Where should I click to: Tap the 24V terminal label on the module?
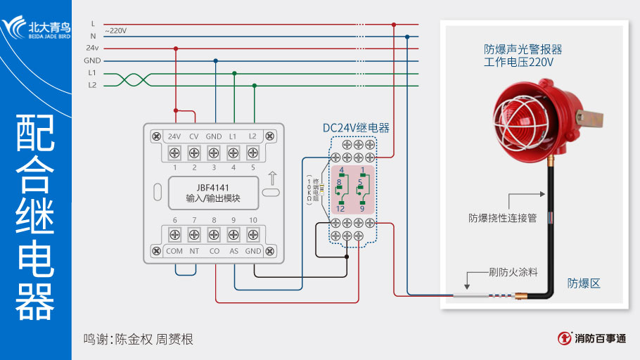[x=174, y=136]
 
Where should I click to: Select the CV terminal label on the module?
[x=194, y=136]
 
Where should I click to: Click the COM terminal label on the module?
[x=174, y=250]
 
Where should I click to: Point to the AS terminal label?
[x=233, y=250]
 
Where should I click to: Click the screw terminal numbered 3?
[x=214, y=153]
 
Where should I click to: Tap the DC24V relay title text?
[x=356, y=128]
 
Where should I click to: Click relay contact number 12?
[x=340, y=209]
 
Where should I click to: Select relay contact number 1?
[x=362, y=170]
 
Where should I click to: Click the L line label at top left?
[x=93, y=24]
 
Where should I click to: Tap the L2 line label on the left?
[x=92, y=85]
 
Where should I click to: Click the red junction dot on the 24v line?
[x=175, y=49]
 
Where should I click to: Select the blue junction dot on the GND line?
[x=215, y=61]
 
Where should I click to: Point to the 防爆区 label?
[x=584, y=283]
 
